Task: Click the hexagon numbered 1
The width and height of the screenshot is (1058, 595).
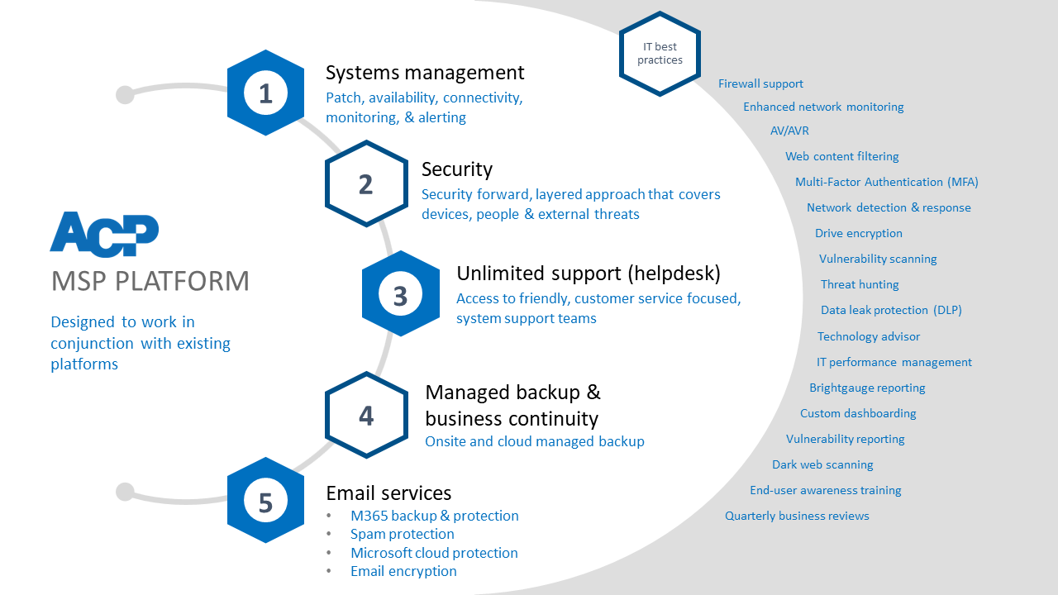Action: pos(265,93)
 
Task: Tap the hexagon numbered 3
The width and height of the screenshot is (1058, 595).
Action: pos(401,293)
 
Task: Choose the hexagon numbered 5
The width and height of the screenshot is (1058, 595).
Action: pos(265,500)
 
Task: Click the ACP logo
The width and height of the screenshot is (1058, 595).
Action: pos(104,234)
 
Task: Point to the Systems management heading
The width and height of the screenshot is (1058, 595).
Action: pos(425,73)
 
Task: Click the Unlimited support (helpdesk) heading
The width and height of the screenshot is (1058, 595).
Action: pos(589,274)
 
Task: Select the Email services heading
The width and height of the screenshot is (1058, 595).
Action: pos(388,493)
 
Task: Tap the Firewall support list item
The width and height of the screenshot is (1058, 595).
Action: pos(760,83)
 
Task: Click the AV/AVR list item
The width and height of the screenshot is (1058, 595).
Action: pos(789,131)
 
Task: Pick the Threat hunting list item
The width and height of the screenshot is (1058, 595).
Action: pos(860,284)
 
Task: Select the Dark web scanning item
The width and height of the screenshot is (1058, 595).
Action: pos(822,464)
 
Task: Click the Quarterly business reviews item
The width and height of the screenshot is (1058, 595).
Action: pos(797,516)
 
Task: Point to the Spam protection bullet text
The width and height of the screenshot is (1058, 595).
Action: pos(402,534)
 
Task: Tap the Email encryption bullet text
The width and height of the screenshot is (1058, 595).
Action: pos(403,571)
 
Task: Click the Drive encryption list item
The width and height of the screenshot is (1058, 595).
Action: pos(858,233)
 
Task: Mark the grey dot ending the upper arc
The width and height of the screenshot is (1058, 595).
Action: pos(125,94)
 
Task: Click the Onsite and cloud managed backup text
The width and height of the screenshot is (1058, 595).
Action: pos(535,441)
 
